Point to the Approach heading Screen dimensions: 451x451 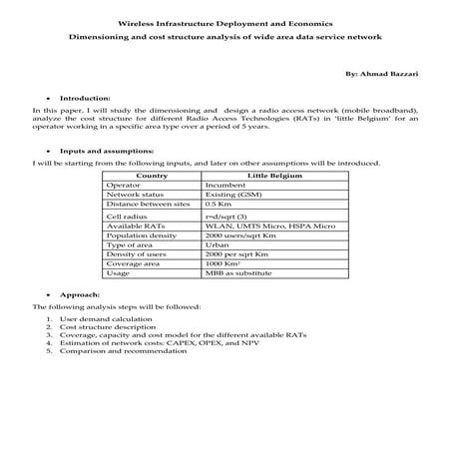tap(80, 296)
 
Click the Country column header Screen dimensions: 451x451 tap(151, 176)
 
